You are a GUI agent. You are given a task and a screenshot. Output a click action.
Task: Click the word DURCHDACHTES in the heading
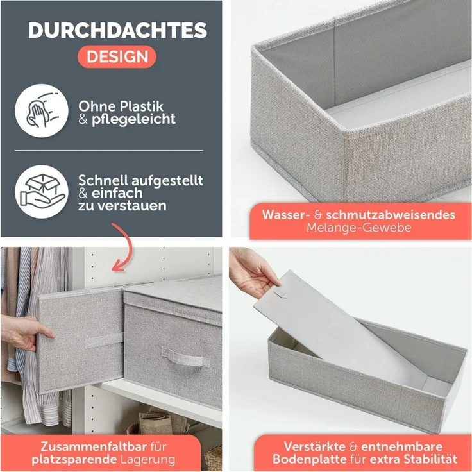tap(117, 30)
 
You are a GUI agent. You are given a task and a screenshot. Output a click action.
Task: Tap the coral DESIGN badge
tap(117, 56)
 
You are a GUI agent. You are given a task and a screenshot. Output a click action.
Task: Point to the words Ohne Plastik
tap(121, 105)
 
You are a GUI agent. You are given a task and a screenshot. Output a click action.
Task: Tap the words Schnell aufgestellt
tap(141, 180)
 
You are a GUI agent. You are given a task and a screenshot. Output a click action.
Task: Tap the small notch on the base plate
tap(280, 296)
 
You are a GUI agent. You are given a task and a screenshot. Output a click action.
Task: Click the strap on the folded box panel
tap(105, 340)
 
